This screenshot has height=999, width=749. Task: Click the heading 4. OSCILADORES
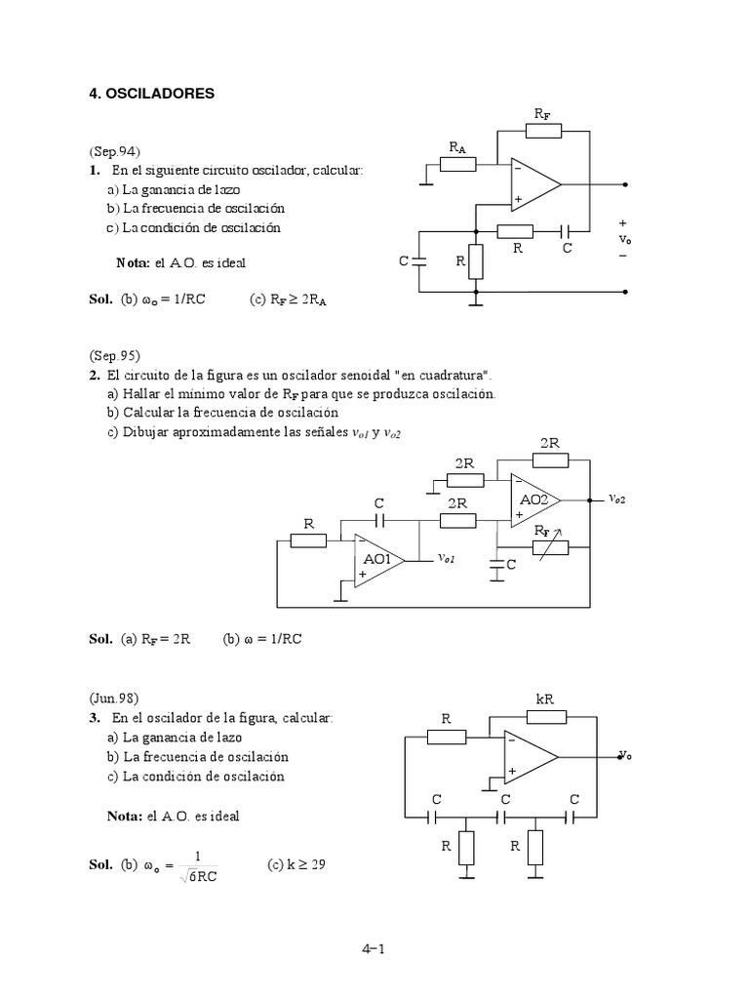(x=151, y=94)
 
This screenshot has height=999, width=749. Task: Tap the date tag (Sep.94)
(x=115, y=151)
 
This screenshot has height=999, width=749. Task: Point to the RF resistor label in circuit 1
(x=542, y=115)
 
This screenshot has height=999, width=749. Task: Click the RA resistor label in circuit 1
(x=457, y=147)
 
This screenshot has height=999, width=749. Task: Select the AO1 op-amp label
(x=376, y=559)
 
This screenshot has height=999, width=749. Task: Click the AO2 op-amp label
(x=533, y=499)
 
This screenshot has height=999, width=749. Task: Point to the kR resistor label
(x=545, y=699)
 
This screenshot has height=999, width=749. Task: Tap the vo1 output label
(x=447, y=558)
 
